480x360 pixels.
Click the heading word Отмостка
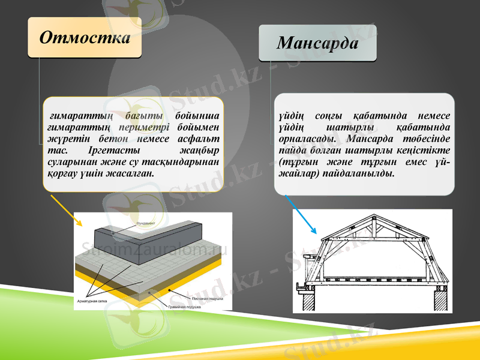tap(85, 37)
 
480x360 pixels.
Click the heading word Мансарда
tap(317, 43)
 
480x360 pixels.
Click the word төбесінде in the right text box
tap(424, 139)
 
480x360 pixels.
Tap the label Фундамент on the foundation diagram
tap(146, 223)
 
